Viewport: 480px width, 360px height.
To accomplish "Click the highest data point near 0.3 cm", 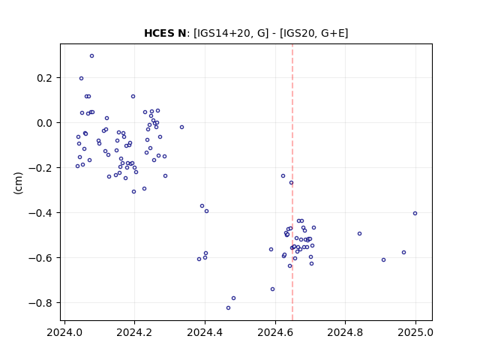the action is click(91, 56).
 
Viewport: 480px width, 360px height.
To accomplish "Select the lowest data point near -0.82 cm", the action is click(228, 308).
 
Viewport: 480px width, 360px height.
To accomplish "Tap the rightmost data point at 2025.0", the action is click(415, 213).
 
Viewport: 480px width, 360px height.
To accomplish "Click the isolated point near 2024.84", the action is click(360, 233).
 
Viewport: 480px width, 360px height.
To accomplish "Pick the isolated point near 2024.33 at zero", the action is click(181, 127).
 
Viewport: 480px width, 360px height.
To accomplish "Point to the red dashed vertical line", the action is click(292, 182).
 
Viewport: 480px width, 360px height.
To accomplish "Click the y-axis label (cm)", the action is click(18, 183).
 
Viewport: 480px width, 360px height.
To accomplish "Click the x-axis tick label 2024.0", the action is click(64, 332).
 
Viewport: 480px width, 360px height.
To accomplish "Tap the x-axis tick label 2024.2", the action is click(134, 332).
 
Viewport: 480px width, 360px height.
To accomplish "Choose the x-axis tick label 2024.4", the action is click(205, 332).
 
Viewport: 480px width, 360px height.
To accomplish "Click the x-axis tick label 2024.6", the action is click(275, 332).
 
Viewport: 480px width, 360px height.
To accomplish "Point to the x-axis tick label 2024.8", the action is click(345, 332).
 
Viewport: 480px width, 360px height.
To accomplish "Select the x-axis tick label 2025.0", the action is click(415, 332).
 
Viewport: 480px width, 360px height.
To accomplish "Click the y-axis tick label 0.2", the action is click(45, 78).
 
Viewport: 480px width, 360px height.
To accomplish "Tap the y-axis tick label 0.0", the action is click(45, 123).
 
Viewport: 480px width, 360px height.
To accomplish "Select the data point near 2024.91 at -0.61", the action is click(383, 260).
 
